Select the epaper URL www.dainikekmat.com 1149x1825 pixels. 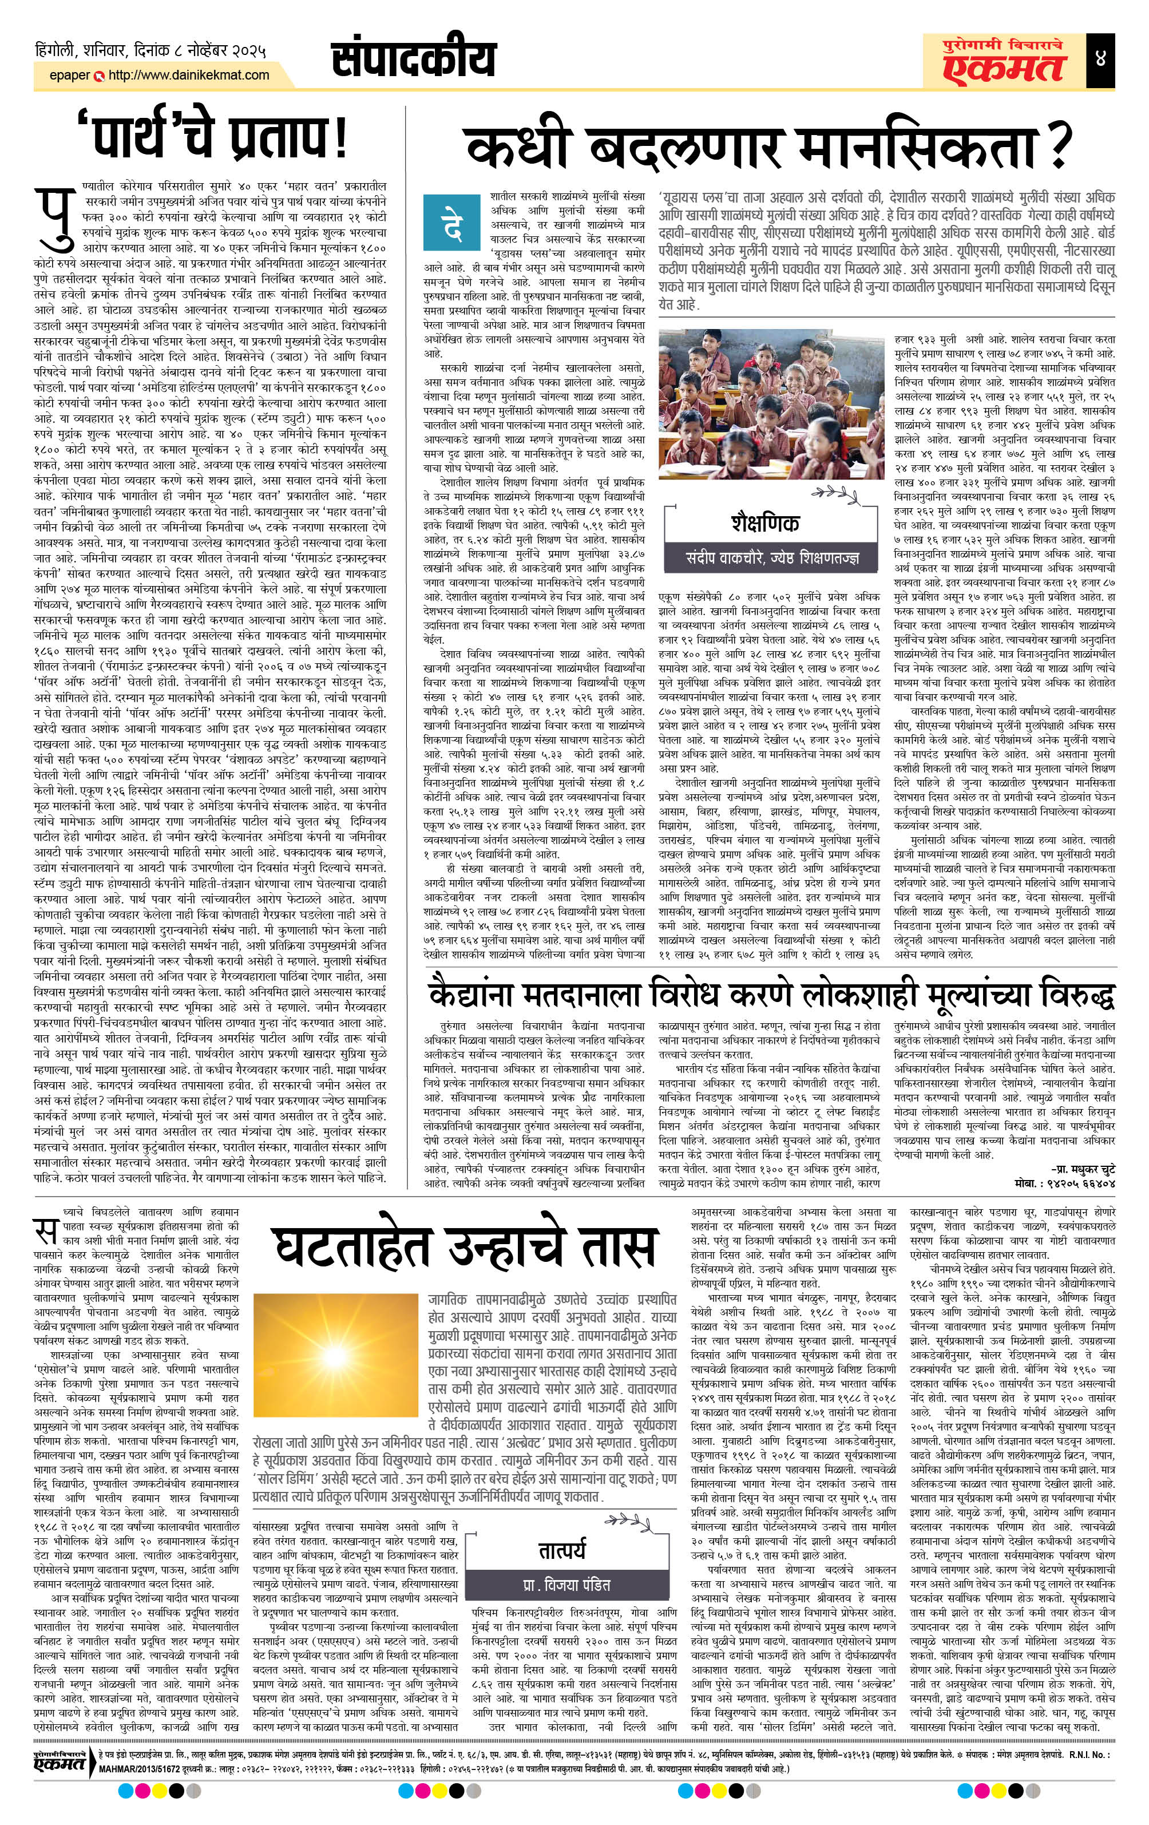(x=189, y=75)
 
